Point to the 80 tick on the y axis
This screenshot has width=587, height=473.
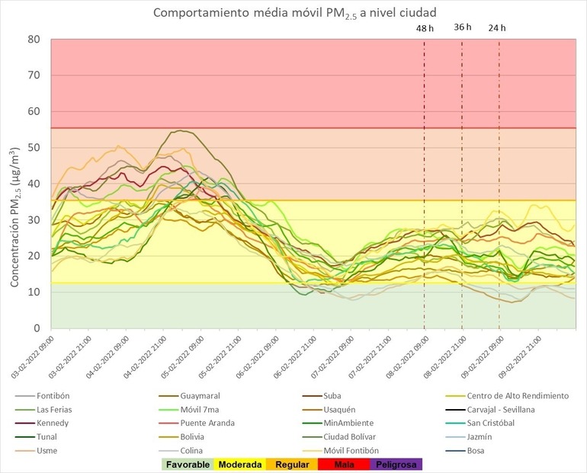(33, 39)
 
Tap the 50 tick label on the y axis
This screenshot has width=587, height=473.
(33, 148)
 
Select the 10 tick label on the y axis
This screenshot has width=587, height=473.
(33, 292)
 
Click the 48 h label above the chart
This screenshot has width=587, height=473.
(425, 28)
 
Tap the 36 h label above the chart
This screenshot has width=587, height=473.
(463, 27)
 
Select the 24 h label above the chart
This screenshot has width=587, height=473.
(497, 28)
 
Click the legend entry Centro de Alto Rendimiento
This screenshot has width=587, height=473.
(518, 396)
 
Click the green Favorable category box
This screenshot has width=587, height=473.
(187, 464)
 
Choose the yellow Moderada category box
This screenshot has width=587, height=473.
(240, 464)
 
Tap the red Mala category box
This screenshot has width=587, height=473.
(345, 464)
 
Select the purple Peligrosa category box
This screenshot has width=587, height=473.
(394, 464)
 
